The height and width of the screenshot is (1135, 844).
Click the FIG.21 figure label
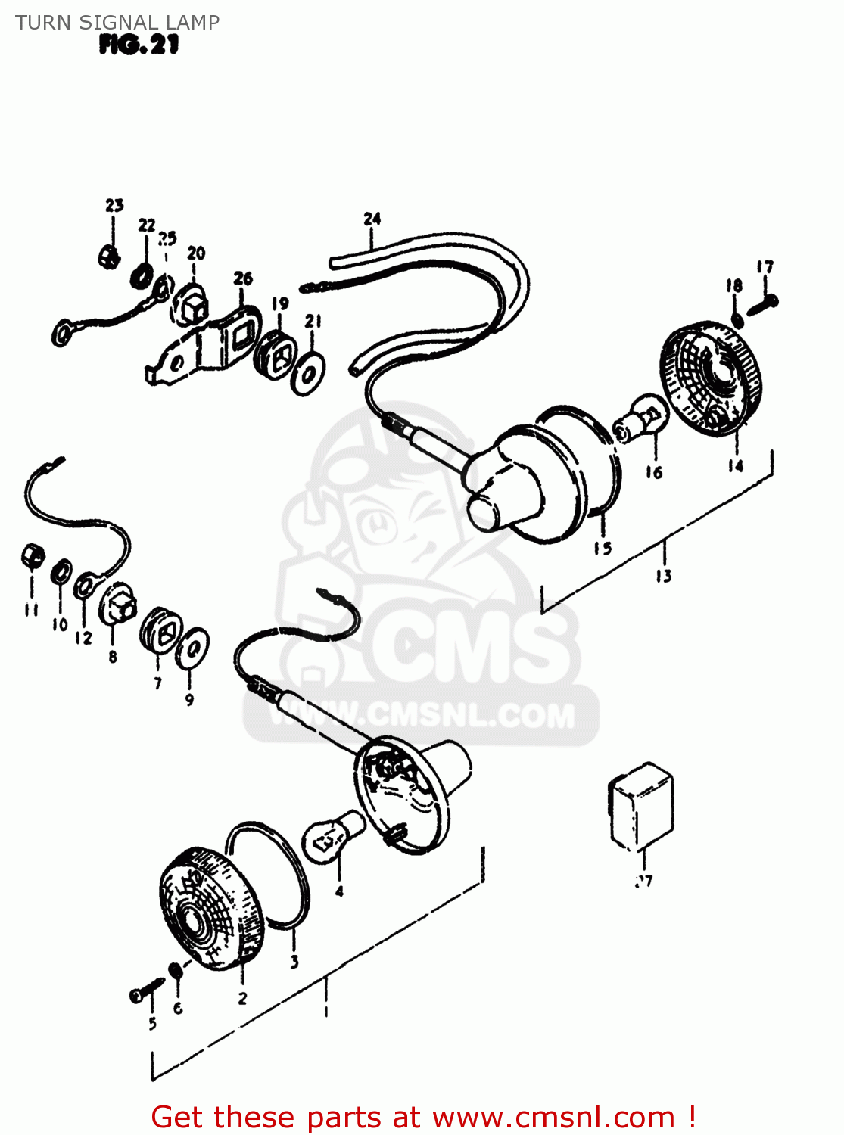coord(139,45)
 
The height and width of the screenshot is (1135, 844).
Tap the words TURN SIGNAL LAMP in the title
coord(117,22)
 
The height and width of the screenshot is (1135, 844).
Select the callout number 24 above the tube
coord(372,219)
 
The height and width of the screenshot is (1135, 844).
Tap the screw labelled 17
coord(762,304)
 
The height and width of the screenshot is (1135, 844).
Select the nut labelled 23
coord(110,257)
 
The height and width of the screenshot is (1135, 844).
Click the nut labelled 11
coord(32,558)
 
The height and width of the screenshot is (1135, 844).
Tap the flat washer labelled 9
coord(192,648)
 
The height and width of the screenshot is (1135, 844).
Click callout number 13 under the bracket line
coord(663,577)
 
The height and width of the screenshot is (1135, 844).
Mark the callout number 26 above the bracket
coord(243,278)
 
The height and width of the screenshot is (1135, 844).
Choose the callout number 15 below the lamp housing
coord(603,548)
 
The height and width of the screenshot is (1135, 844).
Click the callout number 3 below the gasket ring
coord(294,962)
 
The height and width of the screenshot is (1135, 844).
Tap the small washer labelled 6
coord(174,970)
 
